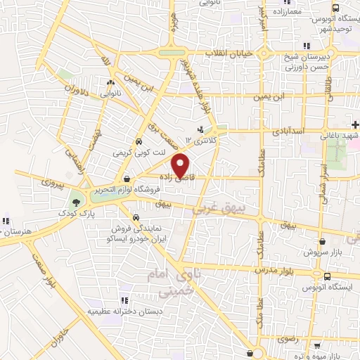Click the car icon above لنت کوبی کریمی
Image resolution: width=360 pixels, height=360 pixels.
tap(139, 139)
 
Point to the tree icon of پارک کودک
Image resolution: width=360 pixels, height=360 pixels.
tap(75, 203)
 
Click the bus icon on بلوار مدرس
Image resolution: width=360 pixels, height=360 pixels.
tap(327, 276)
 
